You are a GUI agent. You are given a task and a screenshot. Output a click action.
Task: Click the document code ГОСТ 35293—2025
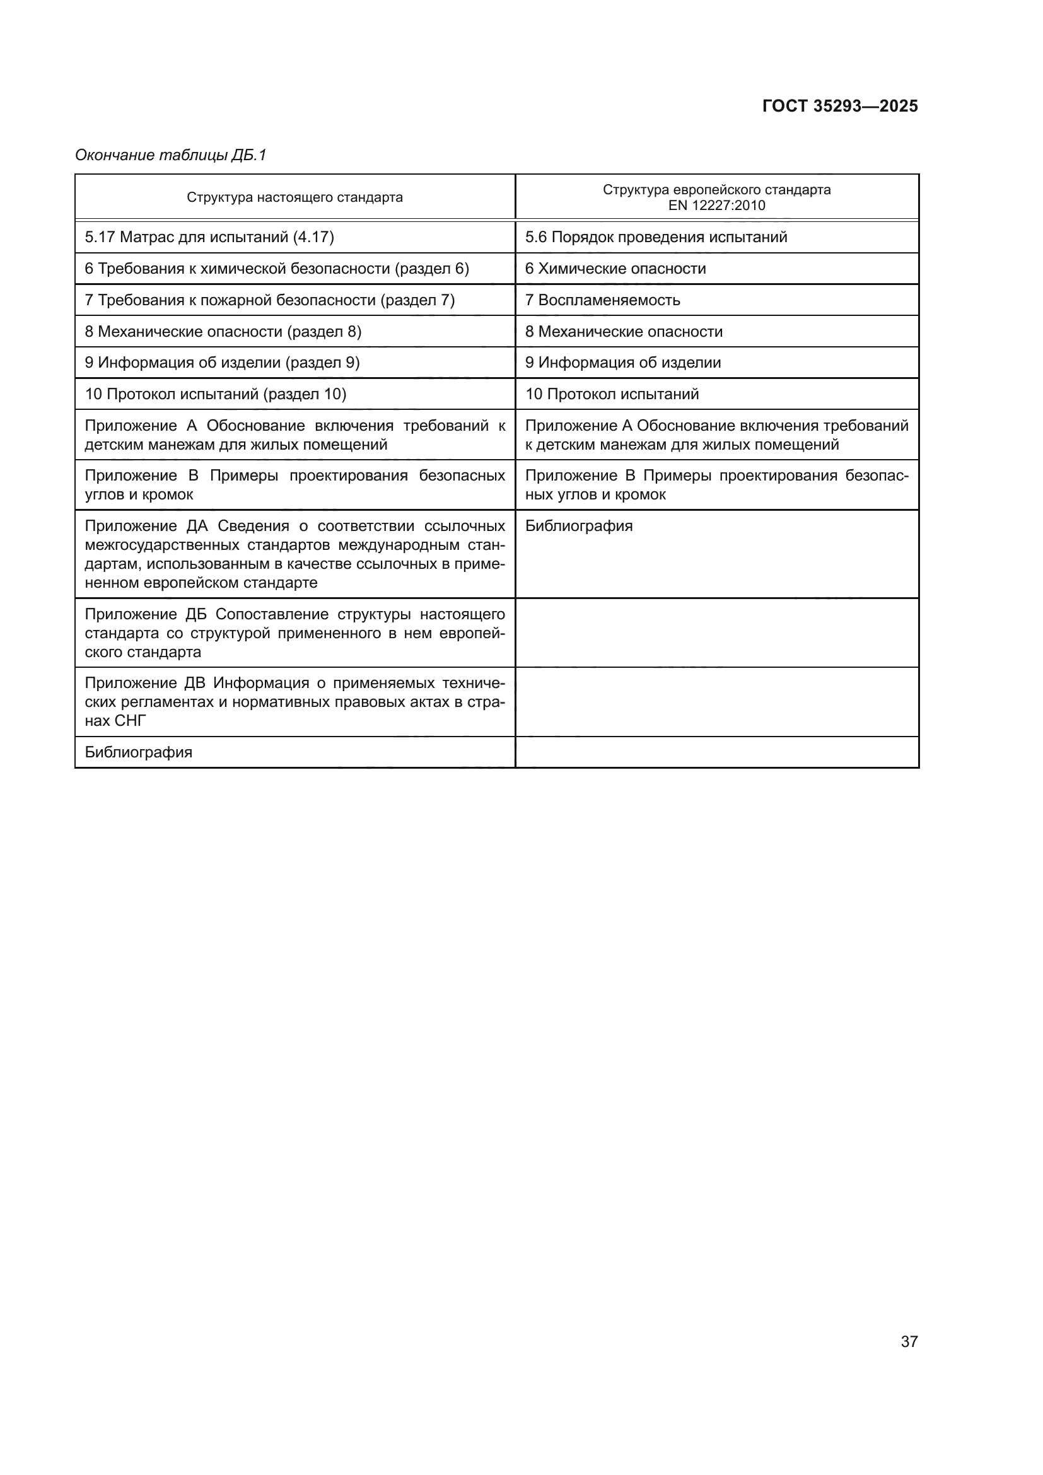pos(839,106)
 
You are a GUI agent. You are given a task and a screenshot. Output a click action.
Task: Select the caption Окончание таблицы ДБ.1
pos(170,155)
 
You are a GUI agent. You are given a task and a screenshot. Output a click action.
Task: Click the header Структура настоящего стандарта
pos(294,197)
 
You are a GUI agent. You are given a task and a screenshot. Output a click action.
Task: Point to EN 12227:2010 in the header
pos(716,206)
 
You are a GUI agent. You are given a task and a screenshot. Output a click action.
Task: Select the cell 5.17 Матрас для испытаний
pos(209,237)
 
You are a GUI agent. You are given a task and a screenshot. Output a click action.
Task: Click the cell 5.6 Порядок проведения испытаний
pos(656,237)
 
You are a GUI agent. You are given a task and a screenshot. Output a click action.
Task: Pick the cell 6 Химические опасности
pos(615,269)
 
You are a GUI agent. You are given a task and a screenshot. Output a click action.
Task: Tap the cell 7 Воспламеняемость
pos(602,300)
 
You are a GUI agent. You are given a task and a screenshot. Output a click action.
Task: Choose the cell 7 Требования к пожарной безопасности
pos(270,300)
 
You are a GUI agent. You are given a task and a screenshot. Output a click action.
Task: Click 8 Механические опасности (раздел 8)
pos(223,332)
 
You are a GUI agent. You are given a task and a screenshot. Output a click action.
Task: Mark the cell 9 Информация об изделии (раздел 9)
pos(222,363)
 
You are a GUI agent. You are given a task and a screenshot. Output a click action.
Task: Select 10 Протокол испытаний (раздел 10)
pos(216,394)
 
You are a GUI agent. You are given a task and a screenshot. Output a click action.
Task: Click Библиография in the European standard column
pos(579,526)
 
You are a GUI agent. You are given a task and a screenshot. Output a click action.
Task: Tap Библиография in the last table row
pos(139,752)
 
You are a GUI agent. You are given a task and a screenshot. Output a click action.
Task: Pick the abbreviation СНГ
pos(131,721)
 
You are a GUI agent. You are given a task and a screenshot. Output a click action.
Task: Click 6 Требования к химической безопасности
pos(277,269)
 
